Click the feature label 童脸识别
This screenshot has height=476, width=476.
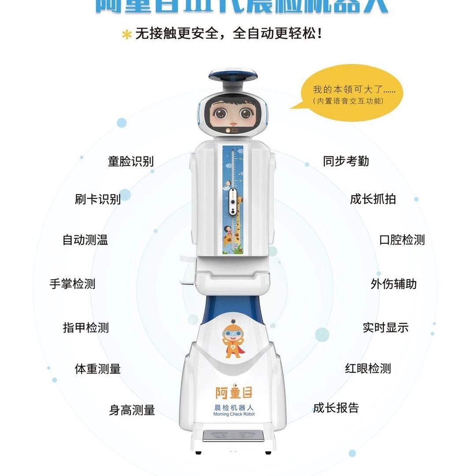point(131,161)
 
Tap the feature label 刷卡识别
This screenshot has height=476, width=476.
point(98,199)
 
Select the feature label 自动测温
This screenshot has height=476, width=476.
point(85,240)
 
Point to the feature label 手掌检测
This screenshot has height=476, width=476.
point(72,284)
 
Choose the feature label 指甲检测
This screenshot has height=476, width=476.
point(86,328)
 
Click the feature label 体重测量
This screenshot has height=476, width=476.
point(98,369)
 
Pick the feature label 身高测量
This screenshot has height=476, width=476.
point(132,410)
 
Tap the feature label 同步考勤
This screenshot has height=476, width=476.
point(346,161)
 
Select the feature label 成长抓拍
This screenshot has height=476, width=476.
point(373,199)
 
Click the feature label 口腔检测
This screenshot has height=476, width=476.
point(402,240)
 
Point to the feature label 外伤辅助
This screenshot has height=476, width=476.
point(394,284)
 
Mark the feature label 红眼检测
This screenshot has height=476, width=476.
point(368,368)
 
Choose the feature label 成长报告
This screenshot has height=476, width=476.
point(336,408)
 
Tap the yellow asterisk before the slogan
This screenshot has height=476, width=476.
point(127,35)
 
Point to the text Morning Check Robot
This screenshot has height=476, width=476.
point(234,414)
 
